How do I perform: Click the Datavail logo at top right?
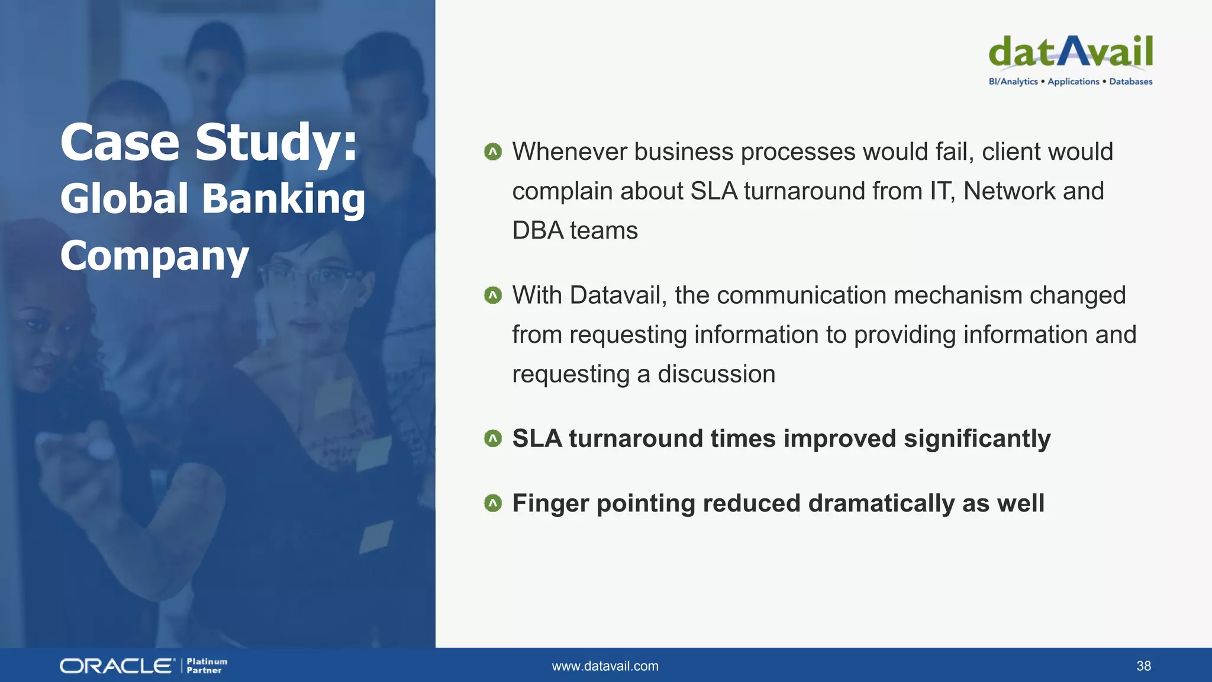pos(1070,52)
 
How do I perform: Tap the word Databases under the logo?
pos(1130,82)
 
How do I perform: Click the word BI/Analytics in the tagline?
pos(1013,82)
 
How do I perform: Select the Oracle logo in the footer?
pos(117,666)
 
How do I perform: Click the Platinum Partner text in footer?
pos(207,666)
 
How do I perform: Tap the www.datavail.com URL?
pos(605,666)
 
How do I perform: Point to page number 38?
pos(1143,666)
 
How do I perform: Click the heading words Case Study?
pos(209,143)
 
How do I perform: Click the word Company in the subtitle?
pos(154,256)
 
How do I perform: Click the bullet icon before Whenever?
pos(492,152)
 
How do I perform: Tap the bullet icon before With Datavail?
pos(492,295)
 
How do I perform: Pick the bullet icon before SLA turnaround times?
pos(492,439)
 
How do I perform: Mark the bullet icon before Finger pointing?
pos(492,503)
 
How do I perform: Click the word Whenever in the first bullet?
pos(569,152)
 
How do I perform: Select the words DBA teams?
pos(575,230)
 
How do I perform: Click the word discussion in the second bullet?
pos(716,374)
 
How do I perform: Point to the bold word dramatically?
pos(881,504)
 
